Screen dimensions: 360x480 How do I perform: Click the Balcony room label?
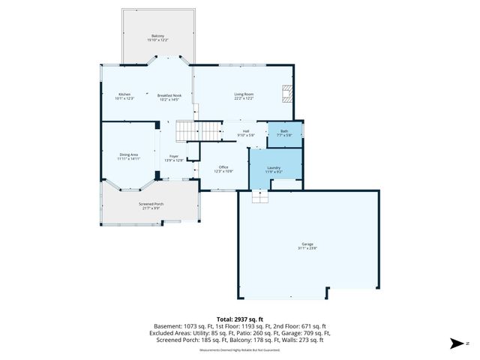(x=157, y=36)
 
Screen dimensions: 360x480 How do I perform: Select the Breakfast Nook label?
(x=169, y=95)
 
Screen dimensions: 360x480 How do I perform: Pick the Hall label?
(x=246, y=131)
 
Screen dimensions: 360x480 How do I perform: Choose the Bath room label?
(x=284, y=131)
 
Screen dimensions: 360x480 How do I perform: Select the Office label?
(x=223, y=166)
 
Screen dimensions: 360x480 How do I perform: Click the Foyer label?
(x=173, y=156)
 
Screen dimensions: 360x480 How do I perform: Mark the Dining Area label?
(x=129, y=154)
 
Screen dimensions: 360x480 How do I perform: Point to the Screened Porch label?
(x=151, y=204)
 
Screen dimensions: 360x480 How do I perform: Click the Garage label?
(x=307, y=244)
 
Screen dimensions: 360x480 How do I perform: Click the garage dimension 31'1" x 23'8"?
(x=307, y=248)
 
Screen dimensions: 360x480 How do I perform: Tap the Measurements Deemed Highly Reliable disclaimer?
(x=239, y=350)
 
